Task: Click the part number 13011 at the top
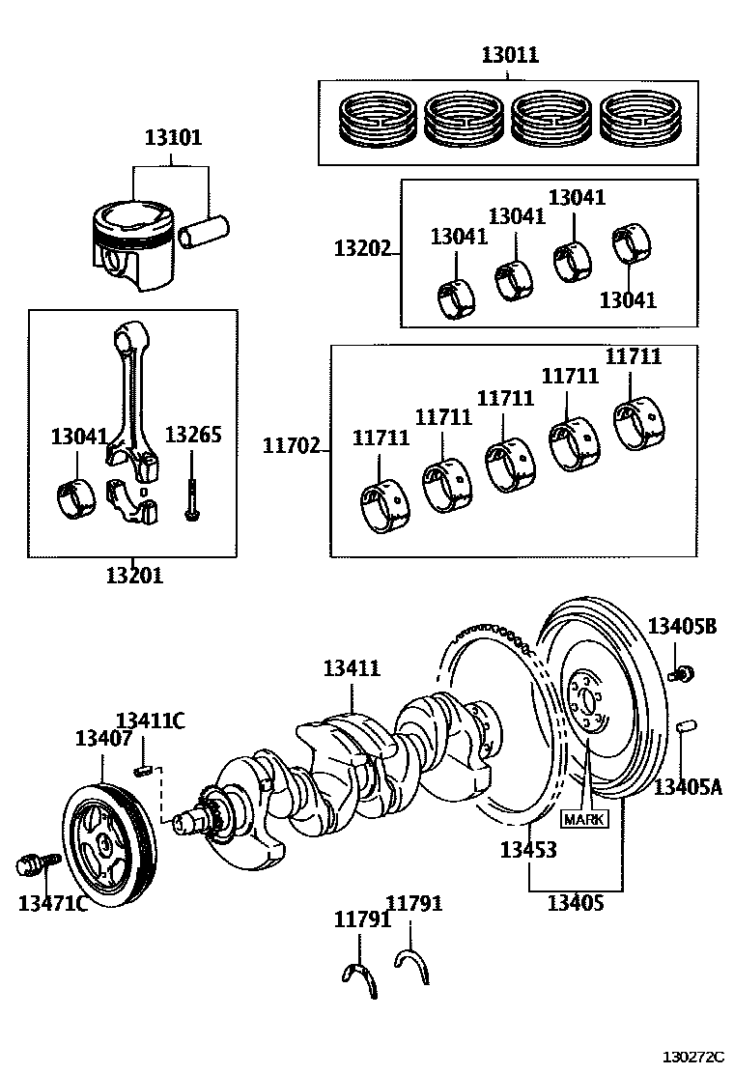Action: pyautogui.click(x=510, y=55)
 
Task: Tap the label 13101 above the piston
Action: pyautogui.click(x=174, y=137)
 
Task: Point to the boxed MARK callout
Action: pyautogui.click(x=584, y=818)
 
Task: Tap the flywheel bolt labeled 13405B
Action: pyautogui.click(x=684, y=672)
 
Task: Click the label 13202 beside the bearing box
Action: pyautogui.click(x=362, y=249)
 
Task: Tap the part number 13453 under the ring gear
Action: pyautogui.click(x=527, y=850)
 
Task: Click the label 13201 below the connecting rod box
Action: pyautogui.click(x=134, y=576)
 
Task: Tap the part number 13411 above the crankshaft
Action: pyautogui.click(x=352, y=667)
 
